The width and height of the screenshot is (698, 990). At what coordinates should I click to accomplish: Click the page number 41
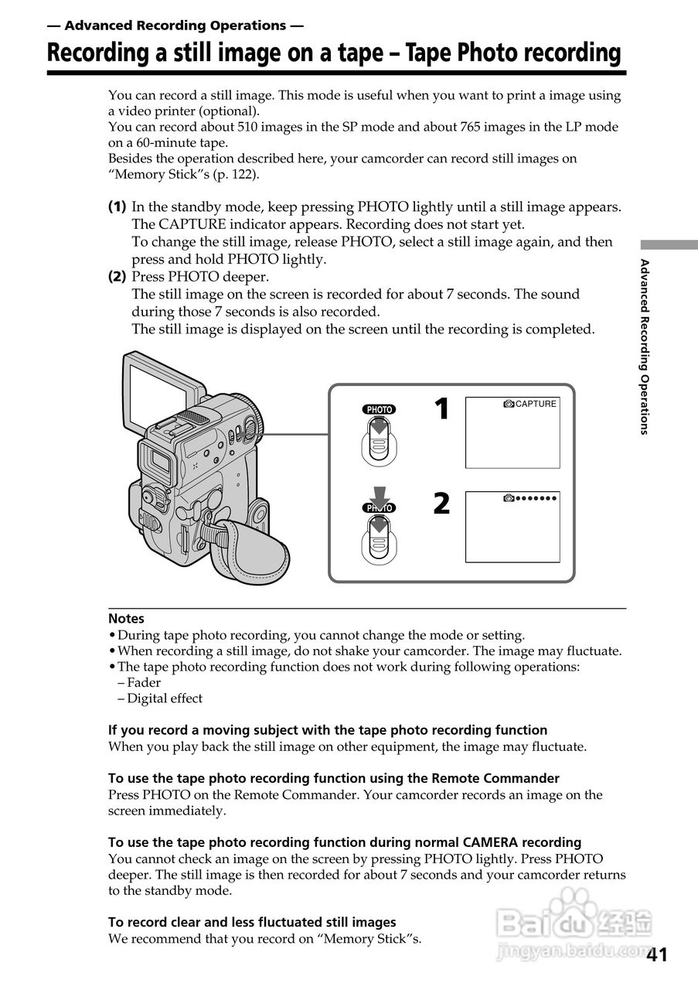656,954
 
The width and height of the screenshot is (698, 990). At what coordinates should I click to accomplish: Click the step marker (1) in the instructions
117,207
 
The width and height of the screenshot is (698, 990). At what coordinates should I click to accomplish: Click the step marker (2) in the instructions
117,276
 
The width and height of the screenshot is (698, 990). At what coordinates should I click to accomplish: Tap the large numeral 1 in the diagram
441,409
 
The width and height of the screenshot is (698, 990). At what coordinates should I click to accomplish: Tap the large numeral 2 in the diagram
441,504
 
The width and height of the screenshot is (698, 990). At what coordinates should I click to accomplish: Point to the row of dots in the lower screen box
536,498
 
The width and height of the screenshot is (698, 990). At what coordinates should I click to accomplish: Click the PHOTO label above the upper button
379,409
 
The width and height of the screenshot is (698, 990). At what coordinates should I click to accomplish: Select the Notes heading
126,619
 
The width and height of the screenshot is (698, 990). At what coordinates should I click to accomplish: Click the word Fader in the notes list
144,682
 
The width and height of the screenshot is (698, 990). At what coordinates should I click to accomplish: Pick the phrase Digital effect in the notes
165,698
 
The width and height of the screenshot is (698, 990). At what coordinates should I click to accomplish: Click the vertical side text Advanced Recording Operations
644,346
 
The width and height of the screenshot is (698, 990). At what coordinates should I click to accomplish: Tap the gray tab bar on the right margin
669,244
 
